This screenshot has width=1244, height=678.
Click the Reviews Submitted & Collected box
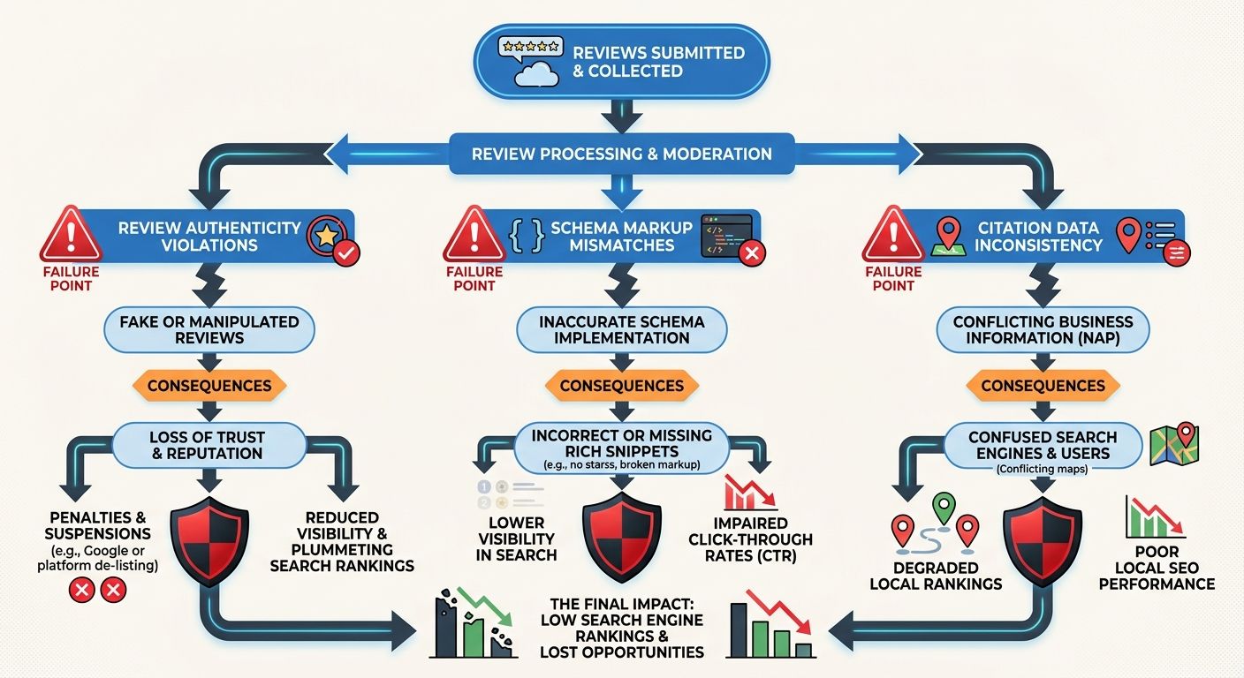pyautogui.click(x=621, y=61)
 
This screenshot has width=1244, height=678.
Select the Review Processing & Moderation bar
pyautogui.click(x=621, y=154)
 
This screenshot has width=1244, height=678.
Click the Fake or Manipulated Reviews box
pyautogui.click(x=209, y=329)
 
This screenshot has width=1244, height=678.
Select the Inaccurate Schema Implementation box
pyautogui.click(x=621, y=329)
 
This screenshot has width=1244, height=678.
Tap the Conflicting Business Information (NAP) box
pyautogui.click(x=1043, y=329)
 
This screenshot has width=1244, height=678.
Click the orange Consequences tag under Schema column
pyautogui.click(x=621, y=386)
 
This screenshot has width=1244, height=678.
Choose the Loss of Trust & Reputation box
pyautogui.click(x=209, y=445)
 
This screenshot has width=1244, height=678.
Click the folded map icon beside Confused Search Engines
pyautogui.click(x=1174, y=444)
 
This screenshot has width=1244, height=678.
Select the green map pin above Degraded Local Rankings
pyautogui.click(x=944, y=508)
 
